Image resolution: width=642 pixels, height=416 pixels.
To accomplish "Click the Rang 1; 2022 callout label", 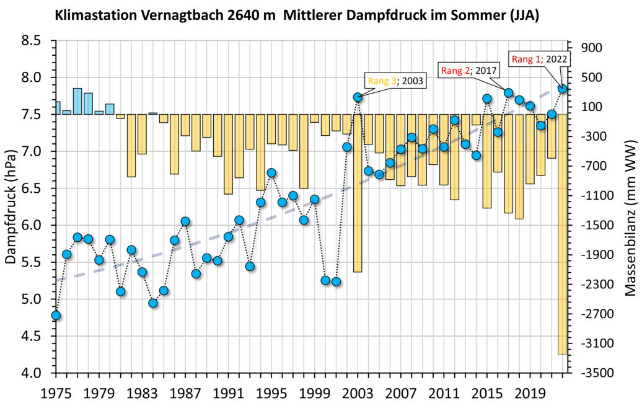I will (538, 60).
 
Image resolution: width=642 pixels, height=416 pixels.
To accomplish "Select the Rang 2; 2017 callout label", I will (469, 70).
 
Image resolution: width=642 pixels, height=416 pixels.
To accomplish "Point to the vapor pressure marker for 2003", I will (358, 97).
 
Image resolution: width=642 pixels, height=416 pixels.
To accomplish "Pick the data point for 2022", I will (563, 89).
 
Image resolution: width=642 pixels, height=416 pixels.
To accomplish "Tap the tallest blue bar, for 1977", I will (77, 101).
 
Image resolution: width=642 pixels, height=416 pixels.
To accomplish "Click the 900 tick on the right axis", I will (594, 48).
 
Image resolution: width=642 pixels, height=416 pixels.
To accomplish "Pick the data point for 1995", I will (271, 173).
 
